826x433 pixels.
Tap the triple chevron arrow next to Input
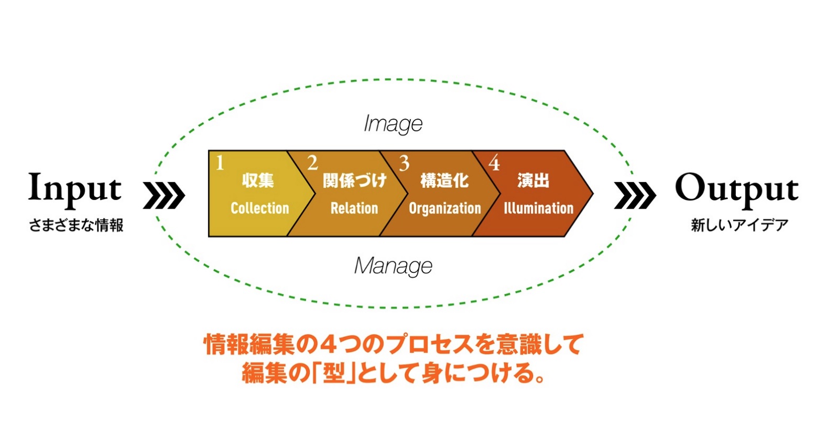164,195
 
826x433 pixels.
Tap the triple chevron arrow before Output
635,195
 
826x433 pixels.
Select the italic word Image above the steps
393,124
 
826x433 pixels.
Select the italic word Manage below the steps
393,266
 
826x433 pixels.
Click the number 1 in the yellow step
220,163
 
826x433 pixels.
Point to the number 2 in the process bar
312,163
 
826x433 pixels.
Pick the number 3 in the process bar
404,164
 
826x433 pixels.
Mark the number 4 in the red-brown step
494,163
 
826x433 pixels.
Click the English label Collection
260,208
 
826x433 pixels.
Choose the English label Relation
354,208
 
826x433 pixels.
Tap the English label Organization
445,209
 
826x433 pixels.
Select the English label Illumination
539,208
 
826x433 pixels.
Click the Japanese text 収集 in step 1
258,181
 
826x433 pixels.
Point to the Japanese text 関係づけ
354,181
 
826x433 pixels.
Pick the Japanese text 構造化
444,181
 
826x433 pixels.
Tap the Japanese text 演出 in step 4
533,181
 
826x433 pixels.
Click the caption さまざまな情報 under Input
76,225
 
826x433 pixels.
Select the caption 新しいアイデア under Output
740,225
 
